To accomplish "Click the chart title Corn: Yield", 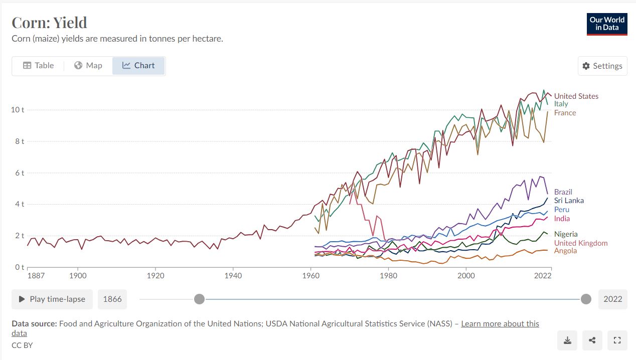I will pos(49,23).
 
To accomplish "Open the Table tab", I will pos(38,66).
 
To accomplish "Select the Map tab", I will pos(88,66).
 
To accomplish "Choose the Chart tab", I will pos(138,66).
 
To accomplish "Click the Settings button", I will pos(602,66).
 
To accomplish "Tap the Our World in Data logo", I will pos(607,24).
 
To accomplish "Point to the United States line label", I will pos(576,96).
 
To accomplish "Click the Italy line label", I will pos(561,104).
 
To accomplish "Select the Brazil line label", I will pos(563,192).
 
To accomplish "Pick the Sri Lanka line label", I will pos(569,201).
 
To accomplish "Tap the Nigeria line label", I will pos(566,234).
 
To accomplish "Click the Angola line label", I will pos(565,251).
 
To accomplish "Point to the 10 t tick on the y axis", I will pos(17,110).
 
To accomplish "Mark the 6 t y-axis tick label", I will pos(19,173).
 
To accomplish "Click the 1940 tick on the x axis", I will pos(233,276).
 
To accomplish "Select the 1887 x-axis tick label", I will pos(36,276).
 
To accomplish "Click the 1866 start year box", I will pos(112,299).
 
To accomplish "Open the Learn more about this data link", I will pos(500,323).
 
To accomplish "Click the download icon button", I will pos(567,340).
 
